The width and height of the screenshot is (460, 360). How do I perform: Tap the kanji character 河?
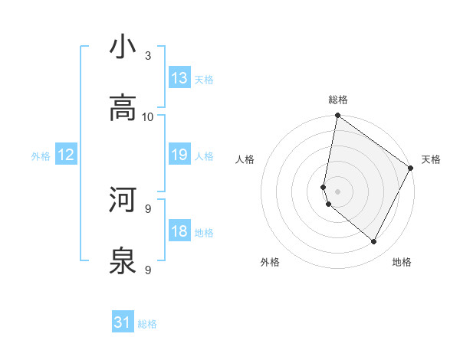(x=123, y=200)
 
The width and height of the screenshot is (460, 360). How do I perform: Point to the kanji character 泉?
(x=123, y=261)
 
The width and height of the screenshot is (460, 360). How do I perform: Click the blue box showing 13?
(x=179, y=78)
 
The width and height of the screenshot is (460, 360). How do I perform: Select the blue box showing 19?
(x=179, y=155)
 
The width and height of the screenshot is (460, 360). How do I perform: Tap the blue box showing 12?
(x=66, y=155)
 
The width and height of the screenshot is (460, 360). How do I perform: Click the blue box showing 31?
(x=123, y=323)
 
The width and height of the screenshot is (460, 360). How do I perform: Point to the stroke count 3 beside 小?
(x=148, y=55)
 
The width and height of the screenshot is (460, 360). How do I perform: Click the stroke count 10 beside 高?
(x=148, y=116)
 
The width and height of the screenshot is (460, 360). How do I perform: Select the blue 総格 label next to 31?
(x=147, y=324)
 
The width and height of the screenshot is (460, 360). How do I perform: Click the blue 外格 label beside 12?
(x=41, y=156)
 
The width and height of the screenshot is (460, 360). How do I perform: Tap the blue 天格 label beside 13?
(x=204, y=79)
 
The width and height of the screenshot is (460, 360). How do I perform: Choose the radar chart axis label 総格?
(x=338, y=100)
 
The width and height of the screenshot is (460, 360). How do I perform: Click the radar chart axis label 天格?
(x=431, y=159)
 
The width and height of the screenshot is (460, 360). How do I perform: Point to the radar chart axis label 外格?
(x=270, y=262)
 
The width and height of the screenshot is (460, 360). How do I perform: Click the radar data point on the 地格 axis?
(x=374, y=242)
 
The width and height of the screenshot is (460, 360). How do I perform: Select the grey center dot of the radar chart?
(x=337, y=191)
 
